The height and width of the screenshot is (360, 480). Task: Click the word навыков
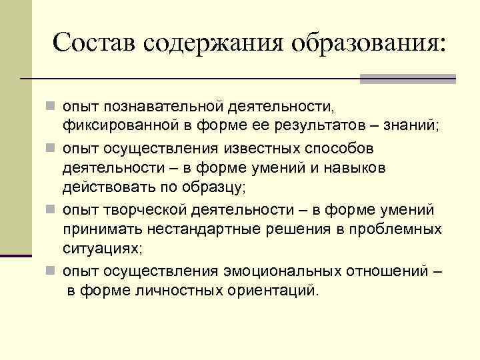tap(360, 168)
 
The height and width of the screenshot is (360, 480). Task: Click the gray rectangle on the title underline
tap(407, 79)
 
